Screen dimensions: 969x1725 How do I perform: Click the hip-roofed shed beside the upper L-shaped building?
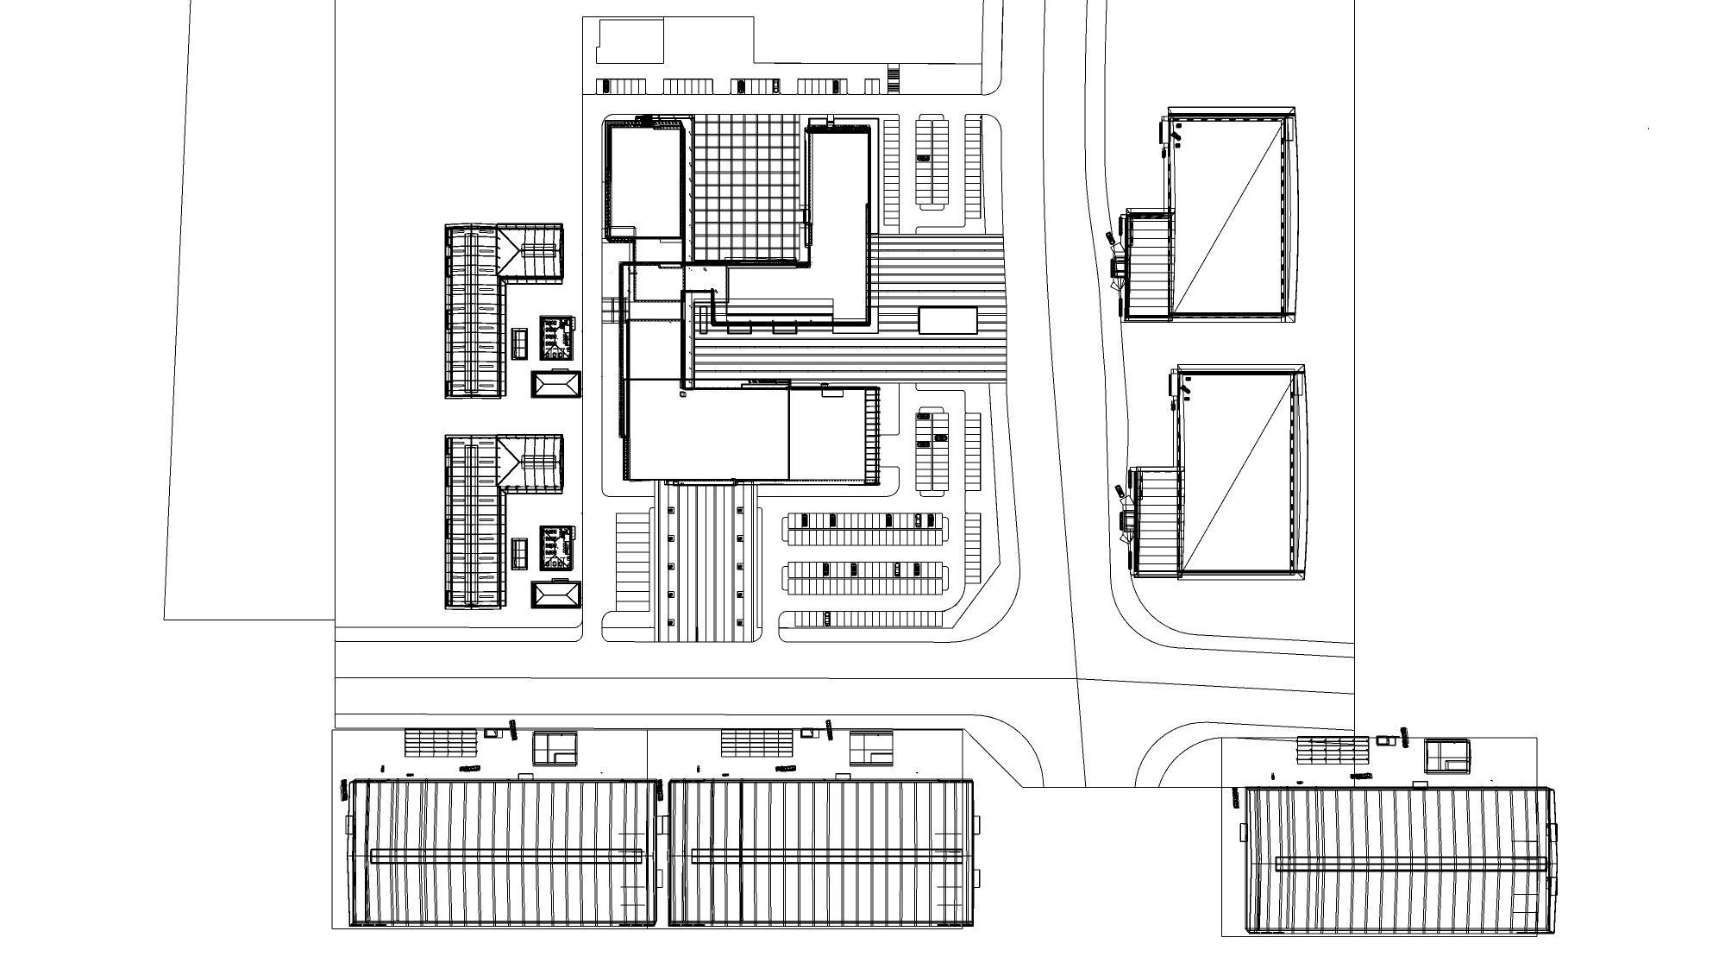point(556,385)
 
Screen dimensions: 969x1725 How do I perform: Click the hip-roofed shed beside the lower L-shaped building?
point(556,596)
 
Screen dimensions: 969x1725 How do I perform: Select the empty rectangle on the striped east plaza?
point(948,320)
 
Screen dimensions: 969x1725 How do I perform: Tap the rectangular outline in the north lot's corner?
point(630,41)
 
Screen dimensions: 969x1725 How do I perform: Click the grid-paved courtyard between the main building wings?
point(747,187)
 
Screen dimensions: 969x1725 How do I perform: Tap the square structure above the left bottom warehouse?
point(554,748)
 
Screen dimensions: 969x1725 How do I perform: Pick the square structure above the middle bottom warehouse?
point(870,748)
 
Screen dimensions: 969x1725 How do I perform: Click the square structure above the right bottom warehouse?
point(1446,756)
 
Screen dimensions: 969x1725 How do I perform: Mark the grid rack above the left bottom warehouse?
point(440,742)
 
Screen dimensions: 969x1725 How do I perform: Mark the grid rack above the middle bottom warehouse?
point(756,742)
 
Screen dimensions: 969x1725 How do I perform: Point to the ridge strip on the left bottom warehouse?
point(507,856)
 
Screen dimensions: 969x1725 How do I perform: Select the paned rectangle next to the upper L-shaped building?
point(519,343)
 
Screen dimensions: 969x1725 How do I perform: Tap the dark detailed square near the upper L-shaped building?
point(557,337)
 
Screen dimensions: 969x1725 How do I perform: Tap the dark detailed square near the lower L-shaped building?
point(557,548)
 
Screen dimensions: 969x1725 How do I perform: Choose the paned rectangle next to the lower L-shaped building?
point(519,553)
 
